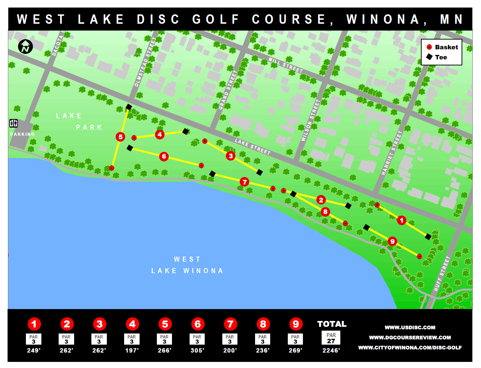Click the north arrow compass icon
(26, 46)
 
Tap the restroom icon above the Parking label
(14, 123)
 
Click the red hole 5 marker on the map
(121, 137)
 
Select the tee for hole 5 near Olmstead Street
(129, 107)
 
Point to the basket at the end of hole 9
(419, 256)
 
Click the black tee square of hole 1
(428, 236)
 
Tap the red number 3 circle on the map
(231, 156)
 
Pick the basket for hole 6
(201, 165)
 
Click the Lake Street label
(252, 147)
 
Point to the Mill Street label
(286, 65)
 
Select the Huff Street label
(442, 273)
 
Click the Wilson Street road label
(310, 121)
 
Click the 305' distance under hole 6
(197, 350)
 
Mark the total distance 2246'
(331, 350)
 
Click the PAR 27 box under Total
(331, 338)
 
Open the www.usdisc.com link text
(410, 327)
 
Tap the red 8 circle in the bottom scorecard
(263, 324)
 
